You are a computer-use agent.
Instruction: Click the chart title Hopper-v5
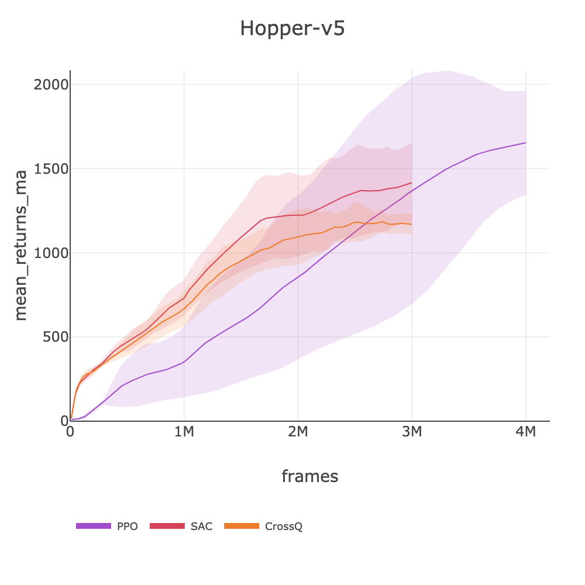pyautogui.click(x=292, y=28)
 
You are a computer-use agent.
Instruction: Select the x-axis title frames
pyautogui.click(x=309, y=476)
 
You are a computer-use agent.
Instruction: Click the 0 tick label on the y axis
pyautogui.click(x=65, y=421)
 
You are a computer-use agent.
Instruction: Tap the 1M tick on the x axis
pyautogui.click(x=184, y=433)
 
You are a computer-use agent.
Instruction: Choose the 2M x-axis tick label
pyautogui.click(x=298, y=433)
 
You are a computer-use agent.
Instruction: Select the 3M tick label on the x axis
pyautogui.click(x=412, y=433)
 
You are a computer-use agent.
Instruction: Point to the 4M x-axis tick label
pyautogui.click(x=525, y=433)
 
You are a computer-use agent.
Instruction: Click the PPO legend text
pyautogui.click(x=128, y=526)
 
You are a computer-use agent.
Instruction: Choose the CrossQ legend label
pyautogui.click(x=284, y=526)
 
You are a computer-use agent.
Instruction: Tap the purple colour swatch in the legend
pyautogui.click(x=94, y=526)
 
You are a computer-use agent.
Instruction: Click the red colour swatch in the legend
pyautogui.click(x=167, y=526)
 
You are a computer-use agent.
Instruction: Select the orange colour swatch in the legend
pyautogui.click(x=241, y=526)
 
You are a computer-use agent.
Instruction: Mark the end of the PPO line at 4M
pyautogui.click(x=525, y=143)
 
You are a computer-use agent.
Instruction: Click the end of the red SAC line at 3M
pyautogui.click(x=412, y=183)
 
